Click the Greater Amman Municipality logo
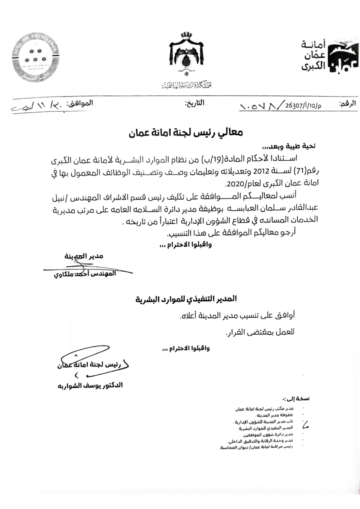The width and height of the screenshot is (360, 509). point(326,56)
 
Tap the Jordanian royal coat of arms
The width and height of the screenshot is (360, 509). point(186,54)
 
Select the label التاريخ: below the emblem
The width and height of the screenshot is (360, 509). point(195,103)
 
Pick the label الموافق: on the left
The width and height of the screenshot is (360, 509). point(81,103)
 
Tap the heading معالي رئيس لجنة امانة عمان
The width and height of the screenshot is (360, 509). point(186,132)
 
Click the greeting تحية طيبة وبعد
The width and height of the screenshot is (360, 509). point(288,147)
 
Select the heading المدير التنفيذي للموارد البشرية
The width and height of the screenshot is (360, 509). point(186,299)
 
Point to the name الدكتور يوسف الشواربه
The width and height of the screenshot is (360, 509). point(90,385)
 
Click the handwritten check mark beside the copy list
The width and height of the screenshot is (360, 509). point(306,425)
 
